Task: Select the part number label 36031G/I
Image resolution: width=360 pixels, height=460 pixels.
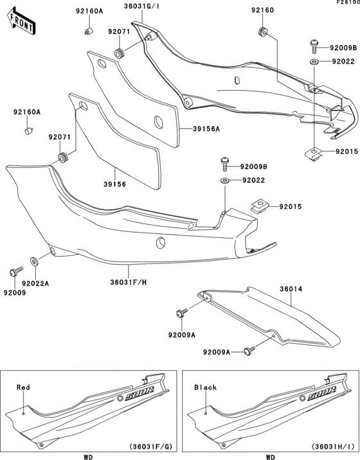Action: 142,7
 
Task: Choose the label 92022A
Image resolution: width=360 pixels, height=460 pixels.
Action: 35,283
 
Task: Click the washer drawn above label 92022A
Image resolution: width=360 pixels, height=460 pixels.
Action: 33,262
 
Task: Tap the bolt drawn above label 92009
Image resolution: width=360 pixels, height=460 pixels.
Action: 13,272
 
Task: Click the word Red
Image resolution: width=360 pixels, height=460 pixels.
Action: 23,388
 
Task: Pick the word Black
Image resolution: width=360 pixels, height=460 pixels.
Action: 205,388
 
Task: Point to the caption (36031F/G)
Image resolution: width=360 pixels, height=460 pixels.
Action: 150,447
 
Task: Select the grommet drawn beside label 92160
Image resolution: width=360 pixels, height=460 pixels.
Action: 262,32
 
